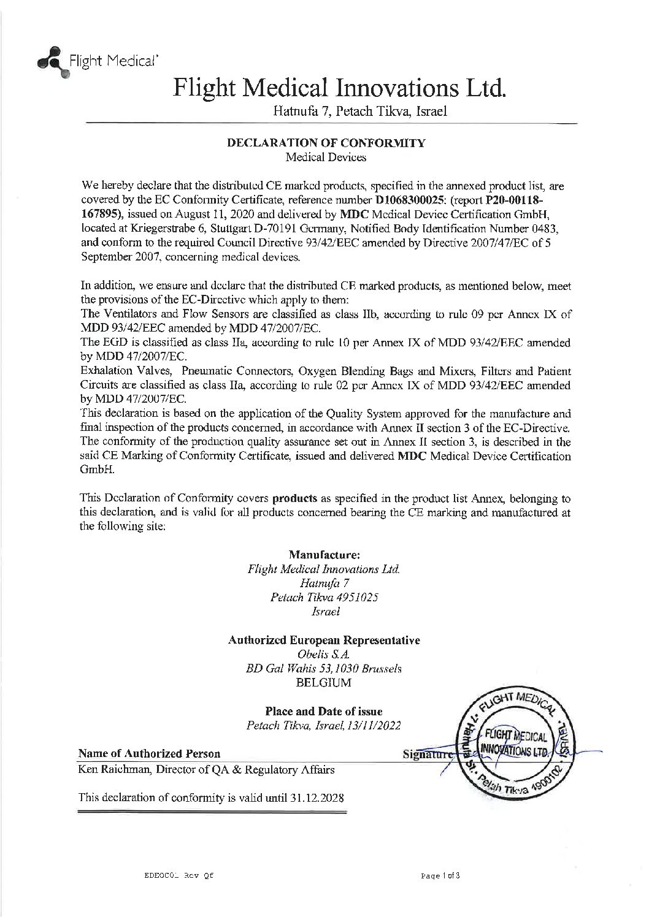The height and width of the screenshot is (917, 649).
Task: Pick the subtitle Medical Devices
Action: (326, 158)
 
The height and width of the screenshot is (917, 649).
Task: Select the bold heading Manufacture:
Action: (324, 555)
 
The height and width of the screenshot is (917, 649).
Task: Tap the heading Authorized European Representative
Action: (324, 641)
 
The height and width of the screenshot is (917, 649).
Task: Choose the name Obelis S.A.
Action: (324, 655)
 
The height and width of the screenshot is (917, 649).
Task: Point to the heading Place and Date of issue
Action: (324, 712)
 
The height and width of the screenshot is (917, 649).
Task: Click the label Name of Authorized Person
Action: (150, 753)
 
